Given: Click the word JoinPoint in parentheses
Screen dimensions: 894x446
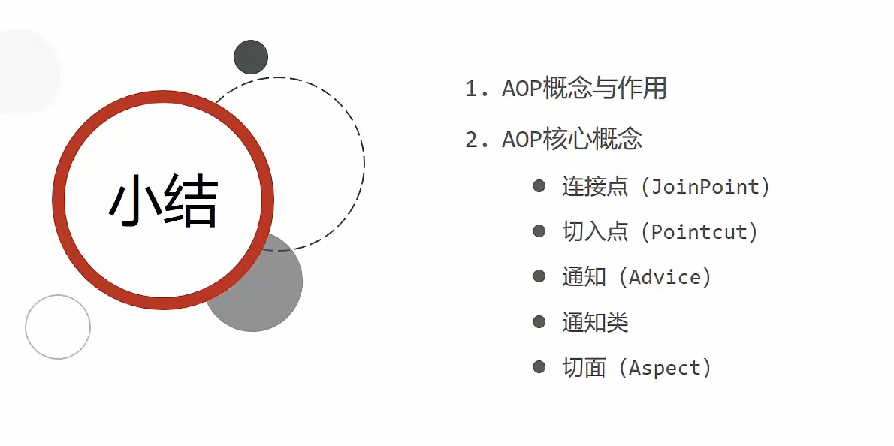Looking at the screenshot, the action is tap(705, 187).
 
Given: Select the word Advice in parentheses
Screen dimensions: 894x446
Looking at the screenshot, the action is tap(664, 277).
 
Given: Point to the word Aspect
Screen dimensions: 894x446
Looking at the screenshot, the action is tap(664, 368).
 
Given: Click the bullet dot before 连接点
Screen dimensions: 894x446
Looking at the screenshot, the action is tap(539, 186).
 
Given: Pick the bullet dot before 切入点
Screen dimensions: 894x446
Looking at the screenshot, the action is tap(539, 231).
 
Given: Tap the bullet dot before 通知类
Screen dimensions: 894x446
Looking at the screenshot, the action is tap(539, 322).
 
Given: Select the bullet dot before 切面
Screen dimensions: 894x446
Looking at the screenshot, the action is tap(539, 367).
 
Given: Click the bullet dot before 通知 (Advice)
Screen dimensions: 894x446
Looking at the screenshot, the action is tap(539, 276).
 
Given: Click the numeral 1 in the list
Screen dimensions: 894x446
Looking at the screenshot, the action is tap(472, 89).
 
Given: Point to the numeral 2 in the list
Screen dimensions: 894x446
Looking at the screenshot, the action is tap(472, 140).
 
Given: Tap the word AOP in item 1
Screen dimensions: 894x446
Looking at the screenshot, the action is tap(521, 89).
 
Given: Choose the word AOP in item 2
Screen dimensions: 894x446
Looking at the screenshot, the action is tap(521, 140).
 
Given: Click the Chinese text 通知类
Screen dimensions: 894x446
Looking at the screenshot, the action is tap(595, 323).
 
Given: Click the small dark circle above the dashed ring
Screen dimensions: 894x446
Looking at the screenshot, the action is tap(251, 57).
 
